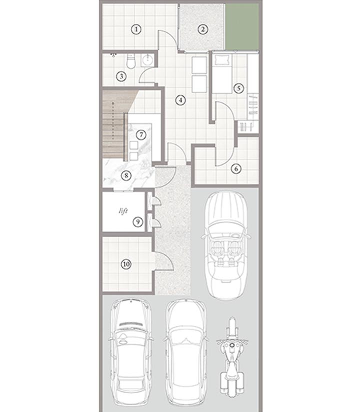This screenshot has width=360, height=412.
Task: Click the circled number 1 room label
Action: [x=136, y=29]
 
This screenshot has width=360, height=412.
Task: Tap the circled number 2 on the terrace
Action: [x=202, y=29]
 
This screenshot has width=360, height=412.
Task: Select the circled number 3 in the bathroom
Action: [x=121, y=77]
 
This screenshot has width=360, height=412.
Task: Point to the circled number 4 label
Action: [x=180, y=100]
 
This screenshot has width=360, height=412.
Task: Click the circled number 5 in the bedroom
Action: [x=238, y=88]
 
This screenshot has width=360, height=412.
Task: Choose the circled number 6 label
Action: [x=236, y=168]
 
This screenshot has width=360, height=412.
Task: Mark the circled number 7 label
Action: [x=141, y=135]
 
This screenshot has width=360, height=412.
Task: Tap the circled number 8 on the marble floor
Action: [x=126, y=175]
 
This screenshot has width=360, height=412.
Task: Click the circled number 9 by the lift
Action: [x=138, y=222]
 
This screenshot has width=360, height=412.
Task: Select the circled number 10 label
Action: [x=126, y=264]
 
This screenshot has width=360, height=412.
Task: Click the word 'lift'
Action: [x=123, y=211]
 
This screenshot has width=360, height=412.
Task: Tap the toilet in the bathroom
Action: [x=130, y=61]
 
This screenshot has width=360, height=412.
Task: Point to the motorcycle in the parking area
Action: [x=232, y=356]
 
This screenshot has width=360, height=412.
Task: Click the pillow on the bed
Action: [x=222, y=60]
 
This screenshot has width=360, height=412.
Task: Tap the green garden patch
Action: [x=242, y=26]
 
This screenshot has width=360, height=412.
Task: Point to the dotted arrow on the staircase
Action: [x=113, y=121]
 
